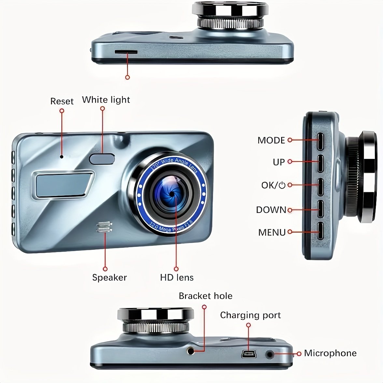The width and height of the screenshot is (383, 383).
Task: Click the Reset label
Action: click(62, 101)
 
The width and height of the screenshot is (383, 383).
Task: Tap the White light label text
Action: click(106, 100)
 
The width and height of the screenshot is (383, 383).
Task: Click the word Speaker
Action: click(109, 277)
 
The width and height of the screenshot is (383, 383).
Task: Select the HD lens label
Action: click(177, 277)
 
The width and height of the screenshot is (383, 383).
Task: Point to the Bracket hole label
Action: click(206, 296)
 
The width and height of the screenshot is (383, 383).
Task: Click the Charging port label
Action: click(250, 315)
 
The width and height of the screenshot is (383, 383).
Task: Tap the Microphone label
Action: click(330, 353)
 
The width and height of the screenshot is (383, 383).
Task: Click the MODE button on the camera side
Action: click(320, 142)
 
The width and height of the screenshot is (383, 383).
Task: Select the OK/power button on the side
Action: click(320, 187)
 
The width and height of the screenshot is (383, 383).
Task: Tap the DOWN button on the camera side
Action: click(320, 209)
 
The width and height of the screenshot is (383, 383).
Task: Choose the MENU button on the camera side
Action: click(320, 231)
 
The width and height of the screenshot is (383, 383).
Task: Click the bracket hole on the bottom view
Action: click(191, 351)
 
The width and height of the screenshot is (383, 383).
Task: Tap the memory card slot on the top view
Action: click(126, 52)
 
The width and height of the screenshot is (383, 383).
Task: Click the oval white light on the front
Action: click(102, 159)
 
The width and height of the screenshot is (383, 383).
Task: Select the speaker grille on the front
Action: click(104, 227)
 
